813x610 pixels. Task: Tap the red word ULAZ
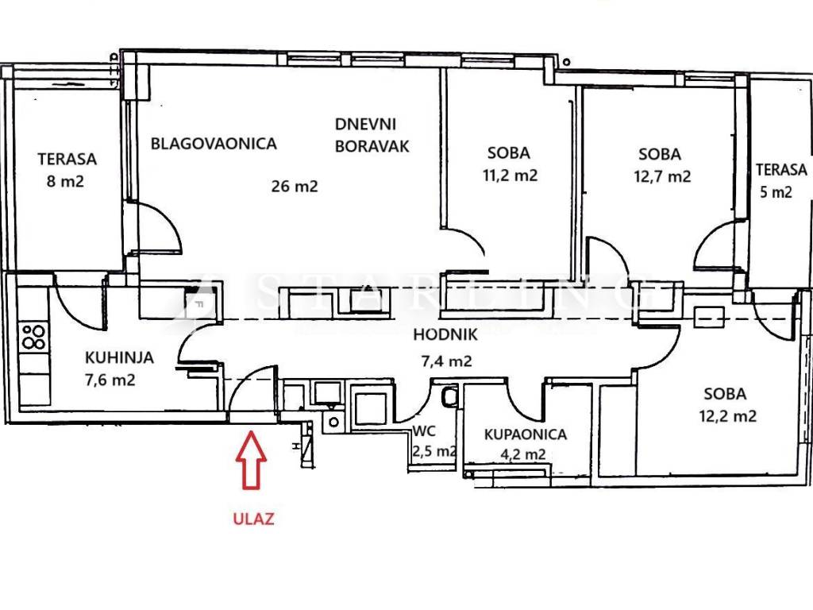point(253,520)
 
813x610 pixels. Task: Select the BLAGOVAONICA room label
point(214,144)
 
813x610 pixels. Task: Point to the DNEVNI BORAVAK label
point(372,135)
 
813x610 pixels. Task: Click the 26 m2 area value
point(295,187)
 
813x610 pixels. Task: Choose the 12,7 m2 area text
point(662,176)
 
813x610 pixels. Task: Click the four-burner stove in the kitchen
point(33,337)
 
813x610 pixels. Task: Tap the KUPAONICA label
point(526,434)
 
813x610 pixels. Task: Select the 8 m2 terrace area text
point(66,180)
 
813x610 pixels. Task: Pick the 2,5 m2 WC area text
point(433,452)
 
